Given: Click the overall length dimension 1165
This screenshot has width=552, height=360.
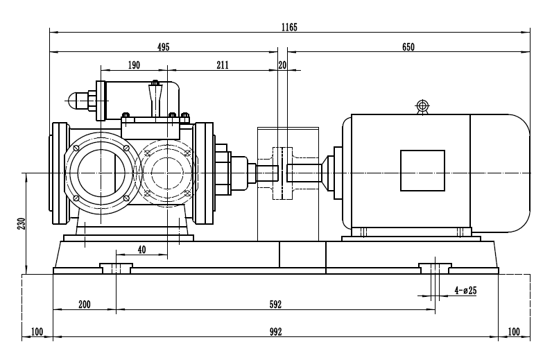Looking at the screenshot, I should pos(289,27).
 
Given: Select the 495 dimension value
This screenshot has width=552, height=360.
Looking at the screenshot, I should pos(163,47).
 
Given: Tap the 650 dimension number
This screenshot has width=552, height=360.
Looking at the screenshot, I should pos(408,47).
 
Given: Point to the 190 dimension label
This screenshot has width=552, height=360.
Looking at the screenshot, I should pos(134,65).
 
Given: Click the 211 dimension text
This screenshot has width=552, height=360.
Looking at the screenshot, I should pos(222,65).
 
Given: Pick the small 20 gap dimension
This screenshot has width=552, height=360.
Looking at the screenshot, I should pos(282,65).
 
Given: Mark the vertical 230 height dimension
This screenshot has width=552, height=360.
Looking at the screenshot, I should pos(21,223).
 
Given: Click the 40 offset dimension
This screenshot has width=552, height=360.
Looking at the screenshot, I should pos(141,250).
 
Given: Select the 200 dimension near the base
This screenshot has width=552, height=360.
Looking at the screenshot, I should pos(85,305).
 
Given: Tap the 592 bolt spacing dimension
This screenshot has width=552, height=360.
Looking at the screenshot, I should pos(275,305).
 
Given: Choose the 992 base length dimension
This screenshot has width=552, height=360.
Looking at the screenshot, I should pos(275,332).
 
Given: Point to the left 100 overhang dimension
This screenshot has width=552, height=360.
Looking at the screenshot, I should pos(37,332).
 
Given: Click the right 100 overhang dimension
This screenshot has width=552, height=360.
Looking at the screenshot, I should pos(514,332).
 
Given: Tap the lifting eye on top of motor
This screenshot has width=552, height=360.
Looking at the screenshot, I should pos(422,106).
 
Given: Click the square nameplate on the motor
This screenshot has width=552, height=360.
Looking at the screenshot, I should pos(422,171).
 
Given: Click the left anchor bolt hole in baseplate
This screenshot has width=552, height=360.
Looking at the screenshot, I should pos(115,268).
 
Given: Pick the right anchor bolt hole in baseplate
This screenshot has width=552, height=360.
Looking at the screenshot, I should pos(435,268).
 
